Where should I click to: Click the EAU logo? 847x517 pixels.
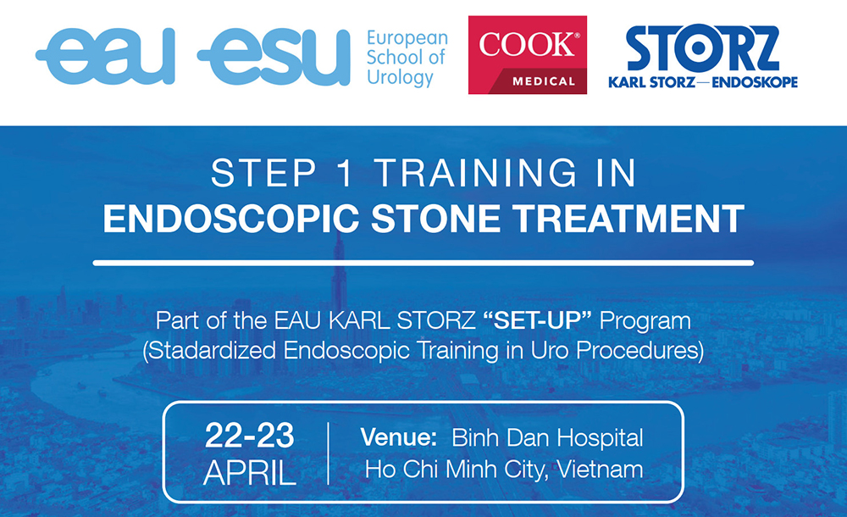(x=106, y=56)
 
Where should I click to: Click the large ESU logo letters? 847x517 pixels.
(x=274, y=57)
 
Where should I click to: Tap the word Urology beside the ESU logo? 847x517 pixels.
(x=400, y=77)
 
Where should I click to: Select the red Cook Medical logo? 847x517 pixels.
(x=527, y=55)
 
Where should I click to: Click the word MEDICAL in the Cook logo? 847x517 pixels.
(x=544, y=81)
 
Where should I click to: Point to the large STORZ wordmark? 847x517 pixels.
(x=703, y=48)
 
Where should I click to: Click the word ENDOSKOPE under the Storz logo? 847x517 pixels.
(x=755, y=82)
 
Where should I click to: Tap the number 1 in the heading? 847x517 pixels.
(x=344, y=173)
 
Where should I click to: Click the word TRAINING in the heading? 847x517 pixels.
(x=476, y=173)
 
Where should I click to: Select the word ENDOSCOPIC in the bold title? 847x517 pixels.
(x=231, y=219)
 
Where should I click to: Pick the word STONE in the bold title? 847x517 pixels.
(x=436, y=219)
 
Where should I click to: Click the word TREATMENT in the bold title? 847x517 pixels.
(x=628, y=219)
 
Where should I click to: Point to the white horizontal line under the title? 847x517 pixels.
(x=423, y=264)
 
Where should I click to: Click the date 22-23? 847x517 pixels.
(x=250, y=436)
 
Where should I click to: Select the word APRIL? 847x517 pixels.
(x=250, y=473)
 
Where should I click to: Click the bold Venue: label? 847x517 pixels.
(x=399, y=437)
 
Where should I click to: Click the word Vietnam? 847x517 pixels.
(x=601, y=470)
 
